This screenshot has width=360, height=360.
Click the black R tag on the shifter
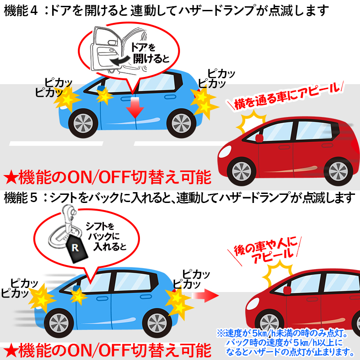tap(75, 247)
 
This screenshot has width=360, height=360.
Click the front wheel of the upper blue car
tap(82, 122)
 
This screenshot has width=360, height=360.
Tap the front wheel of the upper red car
tap(241, 170)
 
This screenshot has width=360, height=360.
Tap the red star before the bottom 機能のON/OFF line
tap(10, 350)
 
